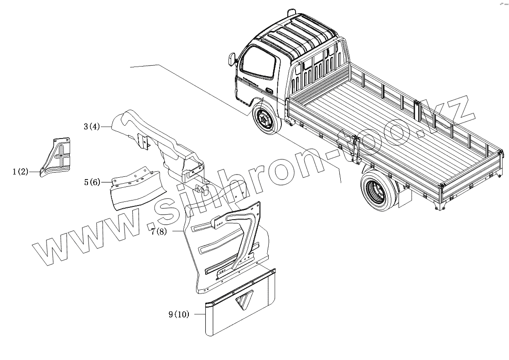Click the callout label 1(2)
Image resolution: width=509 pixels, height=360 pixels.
20,172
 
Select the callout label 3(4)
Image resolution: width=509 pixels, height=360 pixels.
91,127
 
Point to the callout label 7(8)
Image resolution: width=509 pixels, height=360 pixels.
159,231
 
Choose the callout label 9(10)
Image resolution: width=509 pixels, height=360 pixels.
178,314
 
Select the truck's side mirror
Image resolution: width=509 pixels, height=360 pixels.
231,60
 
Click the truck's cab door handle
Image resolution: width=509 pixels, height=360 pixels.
270,91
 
